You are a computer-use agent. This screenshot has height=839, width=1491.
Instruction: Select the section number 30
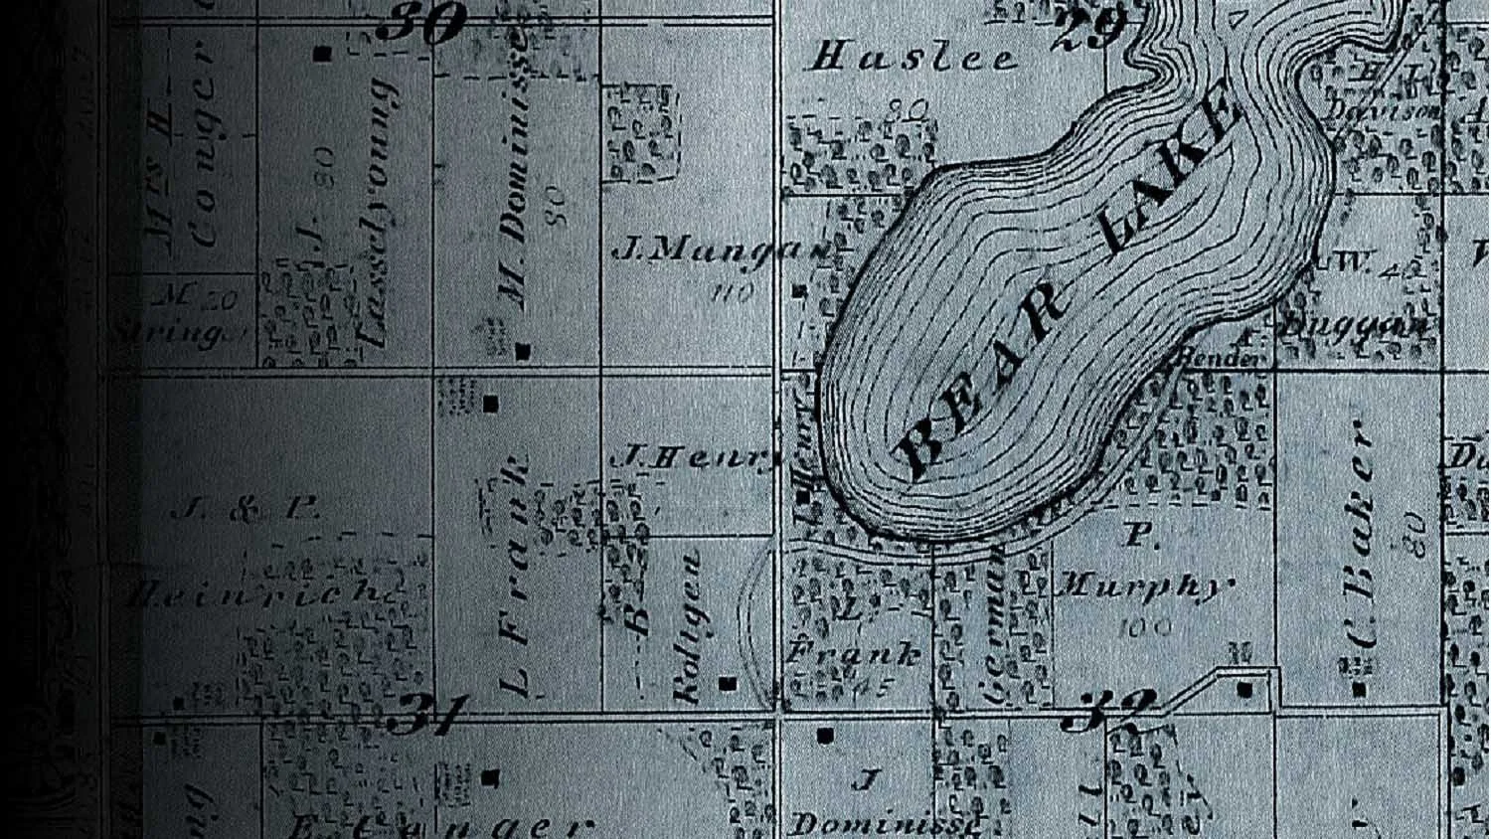point(421,22)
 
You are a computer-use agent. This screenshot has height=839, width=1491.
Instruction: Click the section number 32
point(1106,709)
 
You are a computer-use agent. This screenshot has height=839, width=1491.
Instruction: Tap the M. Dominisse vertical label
point(514,174)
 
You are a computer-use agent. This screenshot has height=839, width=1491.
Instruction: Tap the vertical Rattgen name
point(688,626)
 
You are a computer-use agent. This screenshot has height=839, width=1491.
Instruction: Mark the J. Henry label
point(696,457)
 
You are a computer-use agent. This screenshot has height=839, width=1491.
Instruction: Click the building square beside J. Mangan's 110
point(799,291)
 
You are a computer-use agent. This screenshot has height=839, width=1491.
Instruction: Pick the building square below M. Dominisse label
point(524,351)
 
